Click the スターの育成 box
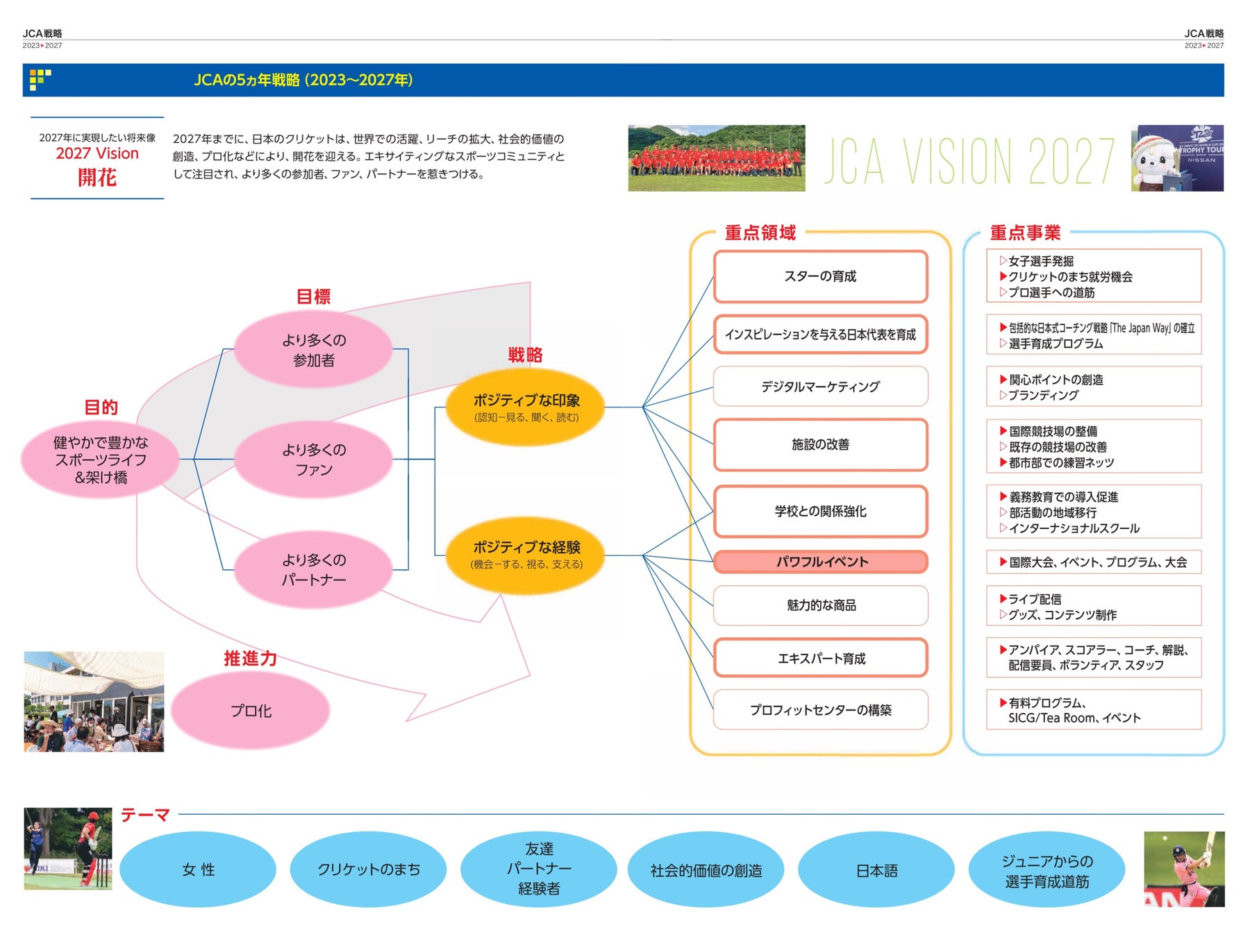820,276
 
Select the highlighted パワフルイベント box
820,562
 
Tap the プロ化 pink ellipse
251,711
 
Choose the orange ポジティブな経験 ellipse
526,555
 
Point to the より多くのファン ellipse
313,459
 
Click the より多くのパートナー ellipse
313,569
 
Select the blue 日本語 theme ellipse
876,870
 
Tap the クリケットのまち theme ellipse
368,870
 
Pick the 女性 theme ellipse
198,870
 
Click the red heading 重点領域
760,233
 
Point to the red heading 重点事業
1025,233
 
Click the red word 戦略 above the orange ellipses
525,355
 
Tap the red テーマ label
145,815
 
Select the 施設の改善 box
820,444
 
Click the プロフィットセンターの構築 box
820,709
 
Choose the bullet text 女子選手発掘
1040,261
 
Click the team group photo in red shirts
716,158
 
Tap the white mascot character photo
1177,158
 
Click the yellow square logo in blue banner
40,79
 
